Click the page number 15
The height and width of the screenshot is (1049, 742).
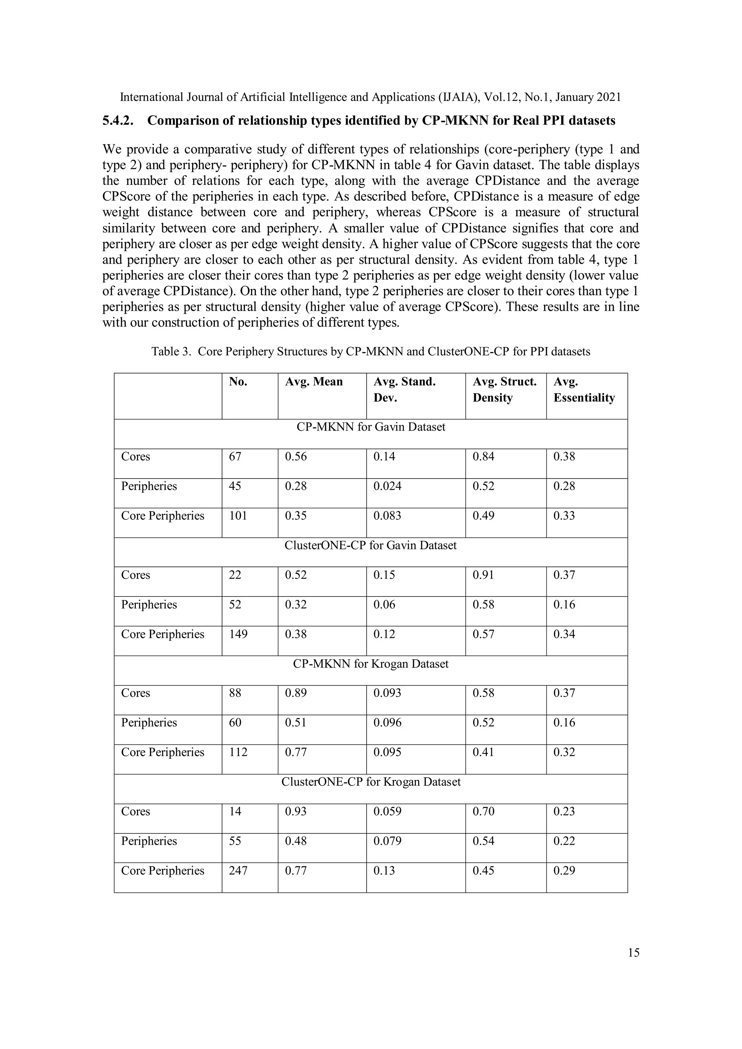click(634, 953)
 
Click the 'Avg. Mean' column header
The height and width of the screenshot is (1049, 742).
click(313, 382)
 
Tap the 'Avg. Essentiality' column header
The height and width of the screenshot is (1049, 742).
click(584, 390)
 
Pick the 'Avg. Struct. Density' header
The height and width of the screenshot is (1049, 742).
click(504, 390)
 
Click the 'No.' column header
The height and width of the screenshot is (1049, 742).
click(238, 382)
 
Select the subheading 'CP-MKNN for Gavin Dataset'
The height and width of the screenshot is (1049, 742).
click(371, 427)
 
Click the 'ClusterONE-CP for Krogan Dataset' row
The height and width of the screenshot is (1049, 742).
click(371, 782)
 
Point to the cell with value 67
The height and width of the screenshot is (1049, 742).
click(235, 456)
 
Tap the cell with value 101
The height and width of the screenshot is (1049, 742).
click(238, 516)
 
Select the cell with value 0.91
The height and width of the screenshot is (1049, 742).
click(483, 575)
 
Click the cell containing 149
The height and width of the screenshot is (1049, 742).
click(238, 634)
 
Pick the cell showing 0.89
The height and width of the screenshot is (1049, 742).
click(296, 693)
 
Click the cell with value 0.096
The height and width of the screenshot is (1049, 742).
click(387, 723)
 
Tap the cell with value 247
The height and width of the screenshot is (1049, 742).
click(238, 871)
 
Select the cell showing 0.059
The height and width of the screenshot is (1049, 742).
click(387, 811)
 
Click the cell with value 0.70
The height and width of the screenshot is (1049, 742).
click(483, 811)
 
